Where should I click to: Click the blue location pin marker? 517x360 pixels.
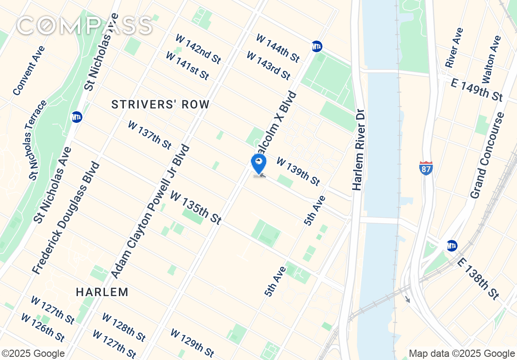click(258, 164)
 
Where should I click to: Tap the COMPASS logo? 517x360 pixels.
click(84, 26)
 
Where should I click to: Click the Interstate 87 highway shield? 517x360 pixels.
click(426, 168)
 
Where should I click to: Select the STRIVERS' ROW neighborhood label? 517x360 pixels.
click(160, 104)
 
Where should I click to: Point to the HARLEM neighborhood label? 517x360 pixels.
click(102, 292)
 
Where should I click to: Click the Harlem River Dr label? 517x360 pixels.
click(358, 150)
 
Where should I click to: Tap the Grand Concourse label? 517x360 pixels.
click(487, 156)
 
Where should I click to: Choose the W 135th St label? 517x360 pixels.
click(195, 207)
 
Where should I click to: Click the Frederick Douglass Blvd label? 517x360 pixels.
click(66, 218)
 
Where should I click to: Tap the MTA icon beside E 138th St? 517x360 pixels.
click(452, 246)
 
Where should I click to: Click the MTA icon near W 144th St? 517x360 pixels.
click(317, 46)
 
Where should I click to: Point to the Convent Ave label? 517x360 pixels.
click(29, 71)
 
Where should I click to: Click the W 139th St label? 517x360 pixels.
click(298, 171)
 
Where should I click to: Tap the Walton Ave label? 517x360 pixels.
click(491, 59)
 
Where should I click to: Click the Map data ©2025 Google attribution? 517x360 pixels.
click(462, 354)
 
